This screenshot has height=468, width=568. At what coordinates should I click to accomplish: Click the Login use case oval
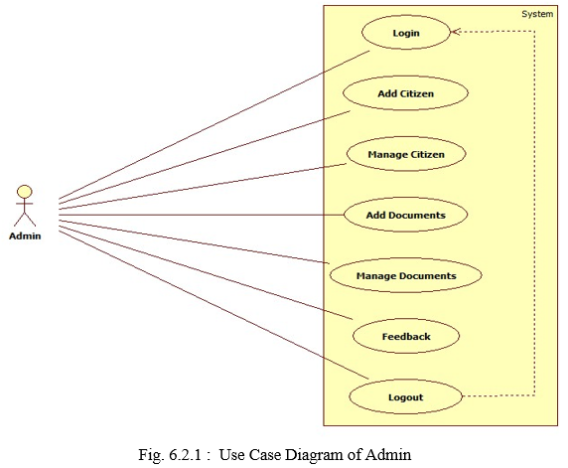(406, 32)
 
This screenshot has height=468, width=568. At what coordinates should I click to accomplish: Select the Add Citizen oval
(405, 93)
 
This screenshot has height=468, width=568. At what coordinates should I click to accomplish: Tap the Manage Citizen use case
(406, 154)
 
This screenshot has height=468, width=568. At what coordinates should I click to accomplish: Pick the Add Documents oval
(406, 215)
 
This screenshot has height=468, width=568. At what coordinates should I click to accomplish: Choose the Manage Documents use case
(406, 275)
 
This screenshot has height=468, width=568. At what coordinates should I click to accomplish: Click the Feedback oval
(406, 336)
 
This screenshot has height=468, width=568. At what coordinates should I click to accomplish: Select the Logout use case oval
(406, 396)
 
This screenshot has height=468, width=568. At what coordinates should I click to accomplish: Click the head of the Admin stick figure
(25, 192)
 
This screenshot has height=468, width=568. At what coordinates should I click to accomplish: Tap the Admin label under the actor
(25, 236)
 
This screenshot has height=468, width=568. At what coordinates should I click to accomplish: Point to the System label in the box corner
(537, 14)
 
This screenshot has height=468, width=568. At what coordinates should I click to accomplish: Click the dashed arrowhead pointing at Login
(455, 32)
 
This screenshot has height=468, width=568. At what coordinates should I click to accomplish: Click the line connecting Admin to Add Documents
(202, 215)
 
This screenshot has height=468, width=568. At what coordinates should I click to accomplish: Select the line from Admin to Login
(214, 125)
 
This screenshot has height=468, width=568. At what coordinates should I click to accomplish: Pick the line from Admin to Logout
(213, 305)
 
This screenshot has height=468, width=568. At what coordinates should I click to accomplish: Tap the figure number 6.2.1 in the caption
(185, 455)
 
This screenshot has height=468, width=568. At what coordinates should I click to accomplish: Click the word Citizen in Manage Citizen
(427, 154)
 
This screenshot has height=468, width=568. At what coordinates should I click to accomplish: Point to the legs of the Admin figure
(25, 220)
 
